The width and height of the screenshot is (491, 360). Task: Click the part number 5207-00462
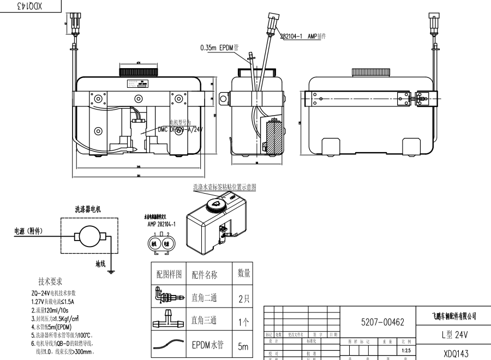click(x=382, y=322)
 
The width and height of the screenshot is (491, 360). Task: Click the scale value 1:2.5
click(x=405, y=351)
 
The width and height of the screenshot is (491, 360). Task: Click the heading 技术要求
click(x=50, y=282)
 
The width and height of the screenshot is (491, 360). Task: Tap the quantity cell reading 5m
click(x=243, y=346)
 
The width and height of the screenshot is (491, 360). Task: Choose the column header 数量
click(x=244, y=273)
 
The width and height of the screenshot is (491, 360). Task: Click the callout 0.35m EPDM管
click(x=223, y=48)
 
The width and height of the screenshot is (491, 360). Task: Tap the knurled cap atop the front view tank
click(x=139, y=71)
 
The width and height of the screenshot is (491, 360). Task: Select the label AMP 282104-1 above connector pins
click(x=161, y=224)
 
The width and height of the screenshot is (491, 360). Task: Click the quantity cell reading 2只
click(x=243, y=298)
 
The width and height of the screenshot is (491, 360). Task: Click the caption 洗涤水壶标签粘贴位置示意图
click(x=224, y=187)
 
